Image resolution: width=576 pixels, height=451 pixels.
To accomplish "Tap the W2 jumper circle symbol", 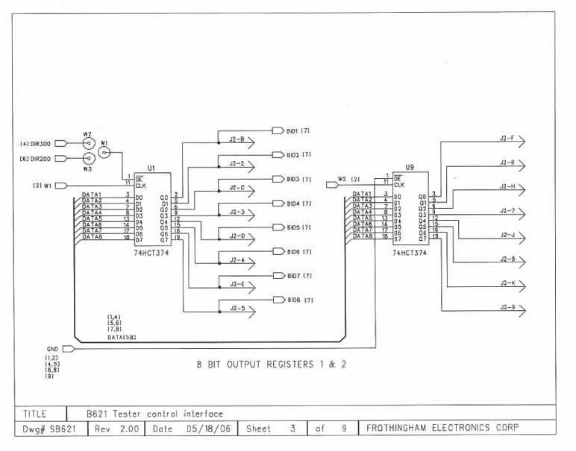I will [x=88, y=144].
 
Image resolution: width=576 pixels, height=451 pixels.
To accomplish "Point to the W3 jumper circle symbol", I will [x=88, y=158].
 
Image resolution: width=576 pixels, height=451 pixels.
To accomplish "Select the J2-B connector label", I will [x=237, y=139].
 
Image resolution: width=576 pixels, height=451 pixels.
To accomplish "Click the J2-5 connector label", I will [x=237, y=308].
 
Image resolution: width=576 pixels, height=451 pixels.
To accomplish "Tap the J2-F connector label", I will [x=507, y=138].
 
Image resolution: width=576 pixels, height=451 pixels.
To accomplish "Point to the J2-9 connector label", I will [x=507, y=307].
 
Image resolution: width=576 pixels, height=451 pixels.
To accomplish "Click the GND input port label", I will [x=52, y=348].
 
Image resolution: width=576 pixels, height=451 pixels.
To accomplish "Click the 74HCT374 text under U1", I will [x=151, y=253].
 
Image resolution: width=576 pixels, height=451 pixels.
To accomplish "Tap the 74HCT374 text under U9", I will [x=410, y=253].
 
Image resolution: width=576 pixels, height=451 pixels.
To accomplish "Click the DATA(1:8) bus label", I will [x=121, y=337].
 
